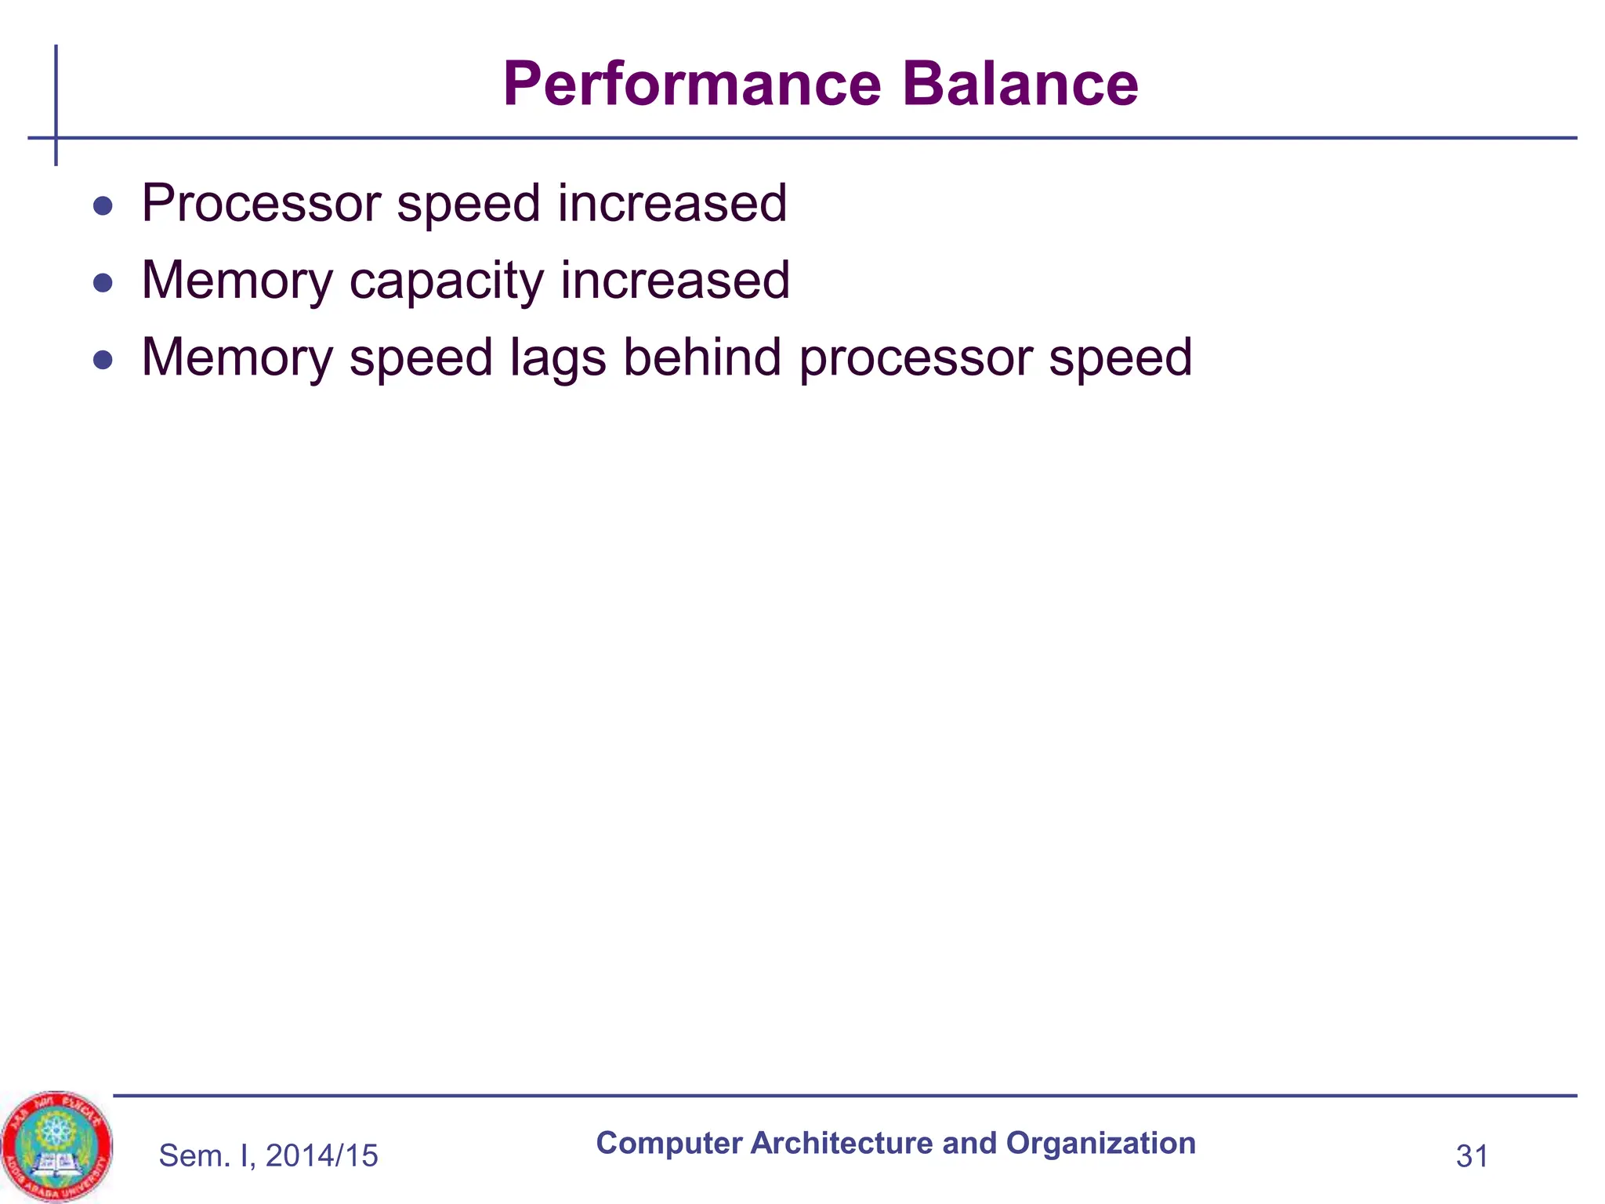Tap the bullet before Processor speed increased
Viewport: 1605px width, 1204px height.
103,207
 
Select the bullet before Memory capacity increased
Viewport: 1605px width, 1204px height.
103,283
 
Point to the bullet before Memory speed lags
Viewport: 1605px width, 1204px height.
103,360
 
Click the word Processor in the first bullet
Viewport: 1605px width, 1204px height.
261,203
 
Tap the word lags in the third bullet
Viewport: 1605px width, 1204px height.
558,359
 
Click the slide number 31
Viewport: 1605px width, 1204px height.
1472,1156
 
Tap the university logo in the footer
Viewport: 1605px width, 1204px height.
56,1147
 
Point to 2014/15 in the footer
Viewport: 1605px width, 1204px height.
322,1156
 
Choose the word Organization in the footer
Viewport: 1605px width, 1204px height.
1100,1144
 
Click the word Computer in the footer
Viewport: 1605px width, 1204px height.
668,1144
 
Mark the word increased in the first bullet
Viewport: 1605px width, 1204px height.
672,203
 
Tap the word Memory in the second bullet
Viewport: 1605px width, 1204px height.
237,281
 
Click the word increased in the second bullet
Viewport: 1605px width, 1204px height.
675,280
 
